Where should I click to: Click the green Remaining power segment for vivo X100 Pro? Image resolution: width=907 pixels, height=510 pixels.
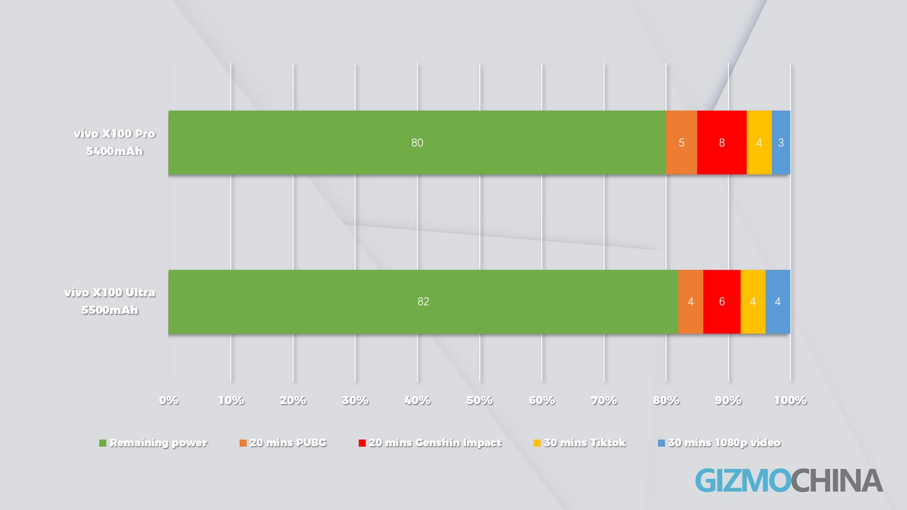pos(417,143)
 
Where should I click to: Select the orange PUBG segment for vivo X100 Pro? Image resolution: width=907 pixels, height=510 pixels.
pos(681,143)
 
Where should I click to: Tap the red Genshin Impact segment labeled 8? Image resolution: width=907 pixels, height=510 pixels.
pos(721,143)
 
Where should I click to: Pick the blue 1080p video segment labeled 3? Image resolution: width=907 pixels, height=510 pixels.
pos(781,143)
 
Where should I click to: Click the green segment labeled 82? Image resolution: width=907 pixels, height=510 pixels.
pos(423,302)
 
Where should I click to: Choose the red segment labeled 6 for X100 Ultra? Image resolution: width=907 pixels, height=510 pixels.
pos(721,302)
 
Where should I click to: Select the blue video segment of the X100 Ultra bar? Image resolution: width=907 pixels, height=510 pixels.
pos(778,302)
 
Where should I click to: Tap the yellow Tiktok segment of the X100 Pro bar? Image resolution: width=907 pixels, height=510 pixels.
pos(759,143)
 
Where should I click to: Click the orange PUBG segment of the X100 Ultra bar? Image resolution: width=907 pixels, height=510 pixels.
pos(690,302)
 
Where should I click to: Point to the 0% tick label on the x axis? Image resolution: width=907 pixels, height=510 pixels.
pos(169,400)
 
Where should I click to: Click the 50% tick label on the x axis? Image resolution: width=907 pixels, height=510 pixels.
pos(479,400)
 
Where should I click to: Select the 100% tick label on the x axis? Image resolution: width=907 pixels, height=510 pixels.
pos(790,400)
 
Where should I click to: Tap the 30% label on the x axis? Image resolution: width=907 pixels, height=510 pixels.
pos(355,400)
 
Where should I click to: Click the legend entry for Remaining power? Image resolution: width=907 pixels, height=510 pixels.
pos(154,443)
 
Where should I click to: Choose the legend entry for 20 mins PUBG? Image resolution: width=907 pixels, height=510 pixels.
pos(283,443)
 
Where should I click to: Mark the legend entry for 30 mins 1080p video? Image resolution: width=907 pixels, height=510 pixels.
pos(719,443)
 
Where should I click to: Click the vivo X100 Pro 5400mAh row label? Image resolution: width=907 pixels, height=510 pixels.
pos(114,142)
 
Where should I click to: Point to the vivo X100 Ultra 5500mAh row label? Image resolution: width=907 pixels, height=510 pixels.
pos(110,301)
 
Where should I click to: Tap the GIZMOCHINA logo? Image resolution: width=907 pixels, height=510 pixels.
pos(789,481)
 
